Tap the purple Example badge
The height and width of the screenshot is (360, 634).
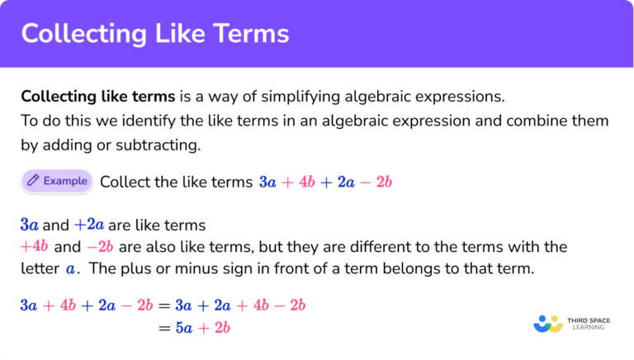[56, 181]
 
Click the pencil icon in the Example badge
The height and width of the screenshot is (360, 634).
[33, 181]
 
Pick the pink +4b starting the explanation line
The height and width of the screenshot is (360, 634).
[34, 247]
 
